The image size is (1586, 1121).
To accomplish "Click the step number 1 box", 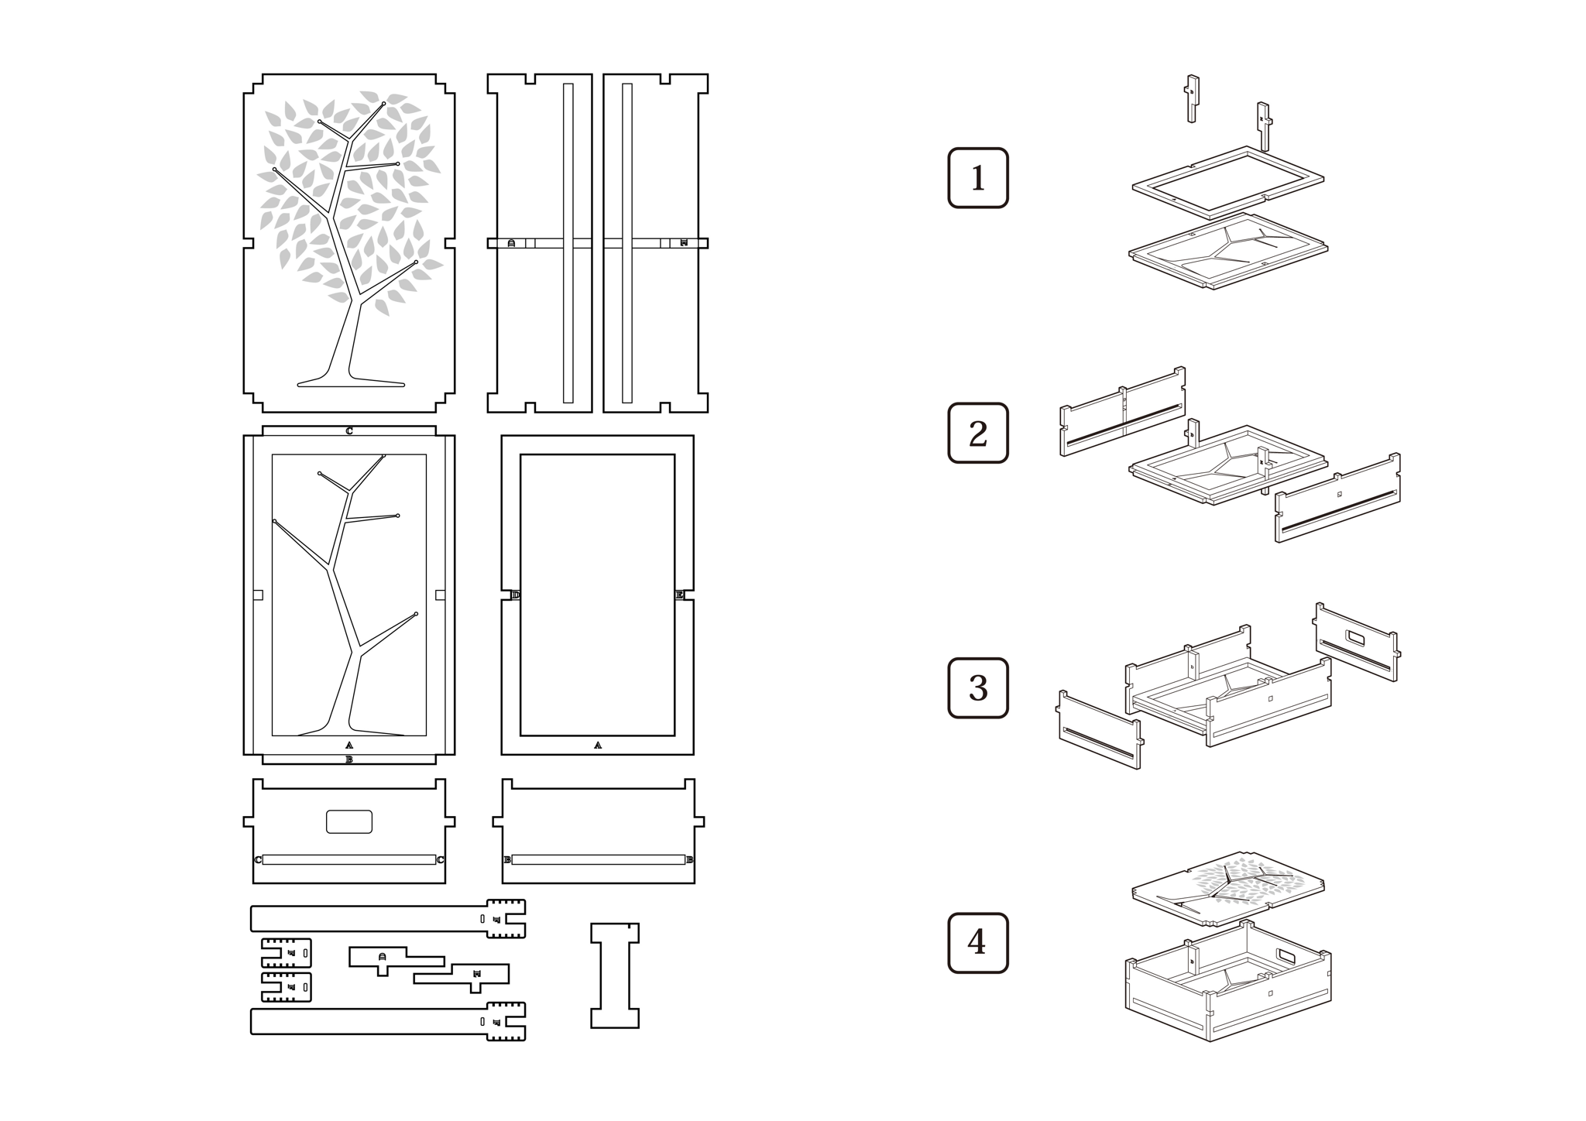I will [978, 178].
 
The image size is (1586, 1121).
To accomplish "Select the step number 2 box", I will [978, 434].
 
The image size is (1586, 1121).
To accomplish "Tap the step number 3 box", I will [978, 688].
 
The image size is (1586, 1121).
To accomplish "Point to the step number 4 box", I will [978, 943].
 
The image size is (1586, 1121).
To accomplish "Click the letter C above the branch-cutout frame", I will [349, 431].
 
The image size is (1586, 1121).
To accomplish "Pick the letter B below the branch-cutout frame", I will [349, 759].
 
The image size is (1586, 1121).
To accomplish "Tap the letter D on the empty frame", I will [516, 595].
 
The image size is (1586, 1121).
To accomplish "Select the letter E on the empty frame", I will [679, 595].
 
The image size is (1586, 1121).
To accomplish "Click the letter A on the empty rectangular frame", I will [597, 746].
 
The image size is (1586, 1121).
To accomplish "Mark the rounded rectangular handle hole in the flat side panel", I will [349, 821].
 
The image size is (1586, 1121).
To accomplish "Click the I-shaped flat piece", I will [615, 975].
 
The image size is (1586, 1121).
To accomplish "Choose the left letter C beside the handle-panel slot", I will [258, 860].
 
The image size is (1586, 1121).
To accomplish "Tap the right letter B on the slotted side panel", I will [689, 860].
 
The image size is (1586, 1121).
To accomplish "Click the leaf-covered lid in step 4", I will [1227, 886].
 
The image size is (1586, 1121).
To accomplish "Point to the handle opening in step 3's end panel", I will [1357, 638].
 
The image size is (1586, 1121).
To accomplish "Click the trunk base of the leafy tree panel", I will [350, 381].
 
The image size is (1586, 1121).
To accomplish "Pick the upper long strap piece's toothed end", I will [505, 919].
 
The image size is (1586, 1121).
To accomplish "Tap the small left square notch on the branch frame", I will [259, 595].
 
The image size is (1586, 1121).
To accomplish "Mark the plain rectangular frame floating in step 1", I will [1227, 183].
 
